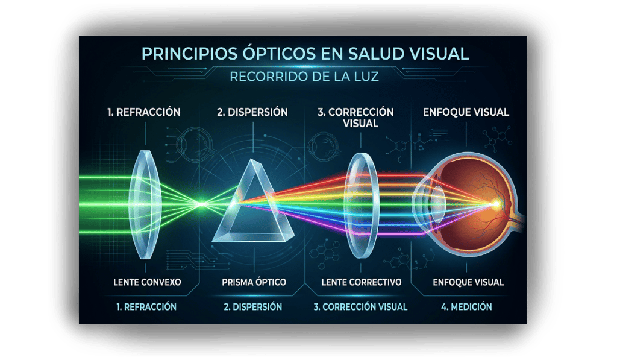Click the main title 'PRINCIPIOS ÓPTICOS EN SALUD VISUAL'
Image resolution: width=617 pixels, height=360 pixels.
(304, 54)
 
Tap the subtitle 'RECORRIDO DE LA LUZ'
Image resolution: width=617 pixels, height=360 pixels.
(304, 77)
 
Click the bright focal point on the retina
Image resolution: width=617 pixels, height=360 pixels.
(497, 204)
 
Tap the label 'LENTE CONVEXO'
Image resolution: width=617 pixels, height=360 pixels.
(146, 282)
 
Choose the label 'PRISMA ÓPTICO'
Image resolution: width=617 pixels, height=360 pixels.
(254, 282)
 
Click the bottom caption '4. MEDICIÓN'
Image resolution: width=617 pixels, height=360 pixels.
(466, 306)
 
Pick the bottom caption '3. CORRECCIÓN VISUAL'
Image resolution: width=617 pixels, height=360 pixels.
(360, 306)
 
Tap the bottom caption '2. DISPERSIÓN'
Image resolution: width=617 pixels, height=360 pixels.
(252, 306)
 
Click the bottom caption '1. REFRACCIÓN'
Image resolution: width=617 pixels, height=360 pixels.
(146, 306)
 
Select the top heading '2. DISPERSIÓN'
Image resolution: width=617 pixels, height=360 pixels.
(252, 112)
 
